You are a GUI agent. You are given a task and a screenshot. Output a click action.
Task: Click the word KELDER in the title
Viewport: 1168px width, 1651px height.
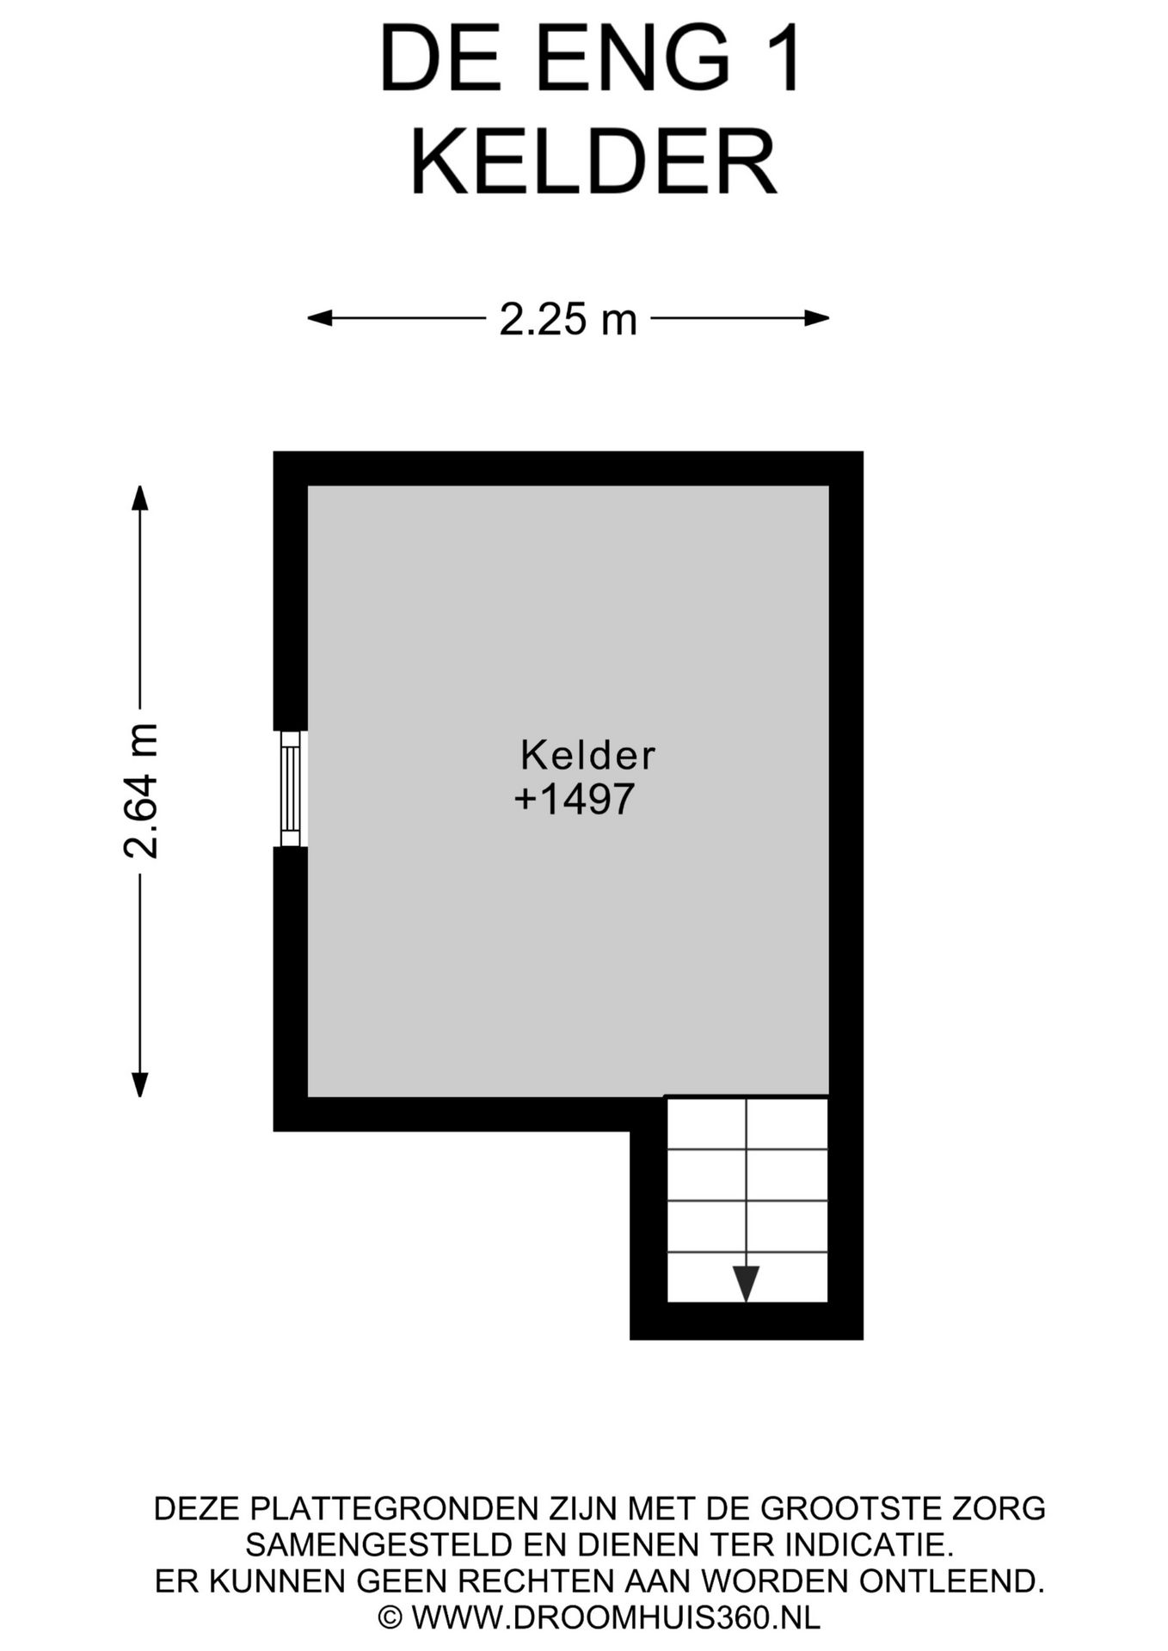pos(593,163)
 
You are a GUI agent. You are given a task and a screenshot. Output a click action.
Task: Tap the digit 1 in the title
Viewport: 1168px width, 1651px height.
pos(784,60)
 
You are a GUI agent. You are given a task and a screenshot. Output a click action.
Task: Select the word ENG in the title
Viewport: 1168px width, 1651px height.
pos(634,60)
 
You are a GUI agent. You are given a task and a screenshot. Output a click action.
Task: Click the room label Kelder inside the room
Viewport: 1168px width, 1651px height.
pos(587,756)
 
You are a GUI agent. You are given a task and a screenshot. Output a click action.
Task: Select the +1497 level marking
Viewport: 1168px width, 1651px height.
pos(575,799)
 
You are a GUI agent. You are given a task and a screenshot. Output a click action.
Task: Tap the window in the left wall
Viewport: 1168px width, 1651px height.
pos(291,789)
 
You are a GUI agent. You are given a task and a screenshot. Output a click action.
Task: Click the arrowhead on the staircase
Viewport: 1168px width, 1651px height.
pos(746,1283)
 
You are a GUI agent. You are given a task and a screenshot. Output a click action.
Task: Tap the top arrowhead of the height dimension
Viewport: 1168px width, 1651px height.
pos(139,498)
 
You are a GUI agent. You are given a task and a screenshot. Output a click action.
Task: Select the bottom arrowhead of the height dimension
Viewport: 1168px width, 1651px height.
pos(139,1085)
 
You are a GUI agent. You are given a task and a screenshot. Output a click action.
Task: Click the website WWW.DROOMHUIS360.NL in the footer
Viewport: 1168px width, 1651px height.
pos(616,1617)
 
